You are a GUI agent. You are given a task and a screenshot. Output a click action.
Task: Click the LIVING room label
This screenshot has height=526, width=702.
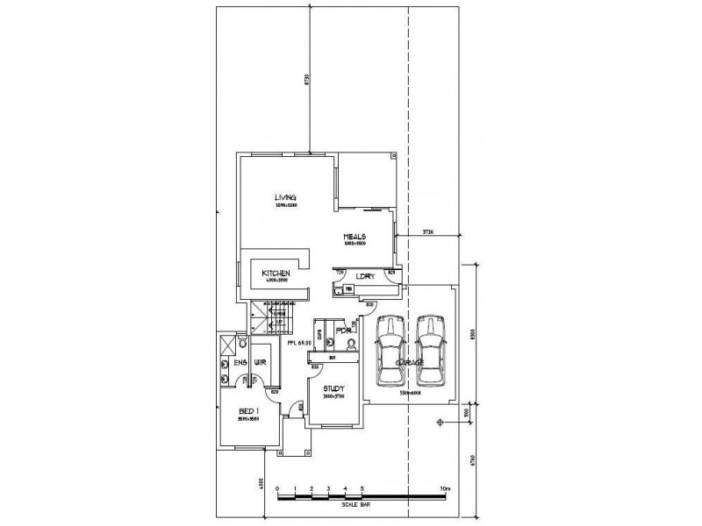coord(284,197)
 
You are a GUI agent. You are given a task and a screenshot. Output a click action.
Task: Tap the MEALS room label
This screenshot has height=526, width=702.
coord(354,237)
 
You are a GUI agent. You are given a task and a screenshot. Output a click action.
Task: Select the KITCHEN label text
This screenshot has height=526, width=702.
coord(276,274)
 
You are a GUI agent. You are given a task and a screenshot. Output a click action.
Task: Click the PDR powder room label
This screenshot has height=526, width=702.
coord(343,331)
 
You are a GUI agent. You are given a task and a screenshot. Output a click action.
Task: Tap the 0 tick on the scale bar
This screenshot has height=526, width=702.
coord(277,488)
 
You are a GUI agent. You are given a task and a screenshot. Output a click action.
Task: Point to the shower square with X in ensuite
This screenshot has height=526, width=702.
coord(226,343)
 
